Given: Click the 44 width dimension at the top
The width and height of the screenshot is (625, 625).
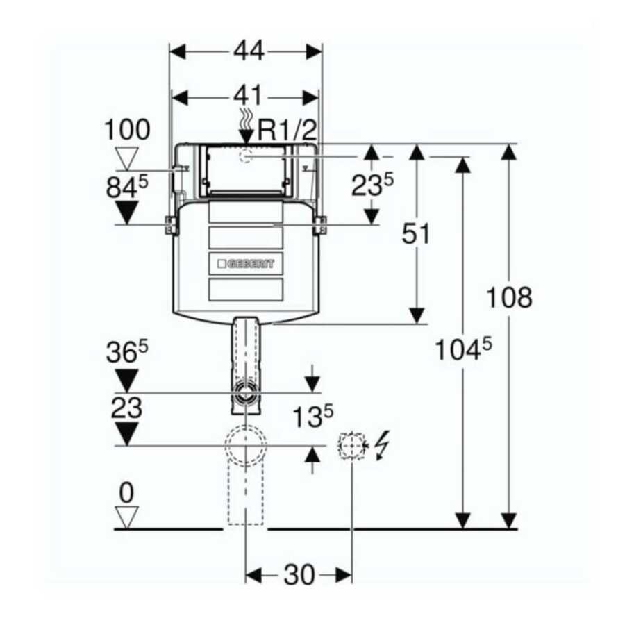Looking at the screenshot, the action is [249, 51].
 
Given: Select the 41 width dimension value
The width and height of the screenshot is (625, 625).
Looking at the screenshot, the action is [248, 95].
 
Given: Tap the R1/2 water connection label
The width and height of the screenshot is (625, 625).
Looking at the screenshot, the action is [287, 130].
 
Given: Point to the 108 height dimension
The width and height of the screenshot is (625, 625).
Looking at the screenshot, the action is [509, 297].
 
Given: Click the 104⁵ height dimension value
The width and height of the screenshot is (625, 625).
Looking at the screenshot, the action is [463, 349].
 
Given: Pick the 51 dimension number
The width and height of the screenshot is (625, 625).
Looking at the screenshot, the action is [416, 233].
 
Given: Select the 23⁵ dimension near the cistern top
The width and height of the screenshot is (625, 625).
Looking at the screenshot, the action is [372, 185].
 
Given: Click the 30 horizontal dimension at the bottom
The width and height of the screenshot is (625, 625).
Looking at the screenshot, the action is [299, 575].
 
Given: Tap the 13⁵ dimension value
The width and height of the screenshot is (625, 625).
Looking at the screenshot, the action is [312, 417].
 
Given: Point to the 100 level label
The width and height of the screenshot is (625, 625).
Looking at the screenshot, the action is [127, 130].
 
